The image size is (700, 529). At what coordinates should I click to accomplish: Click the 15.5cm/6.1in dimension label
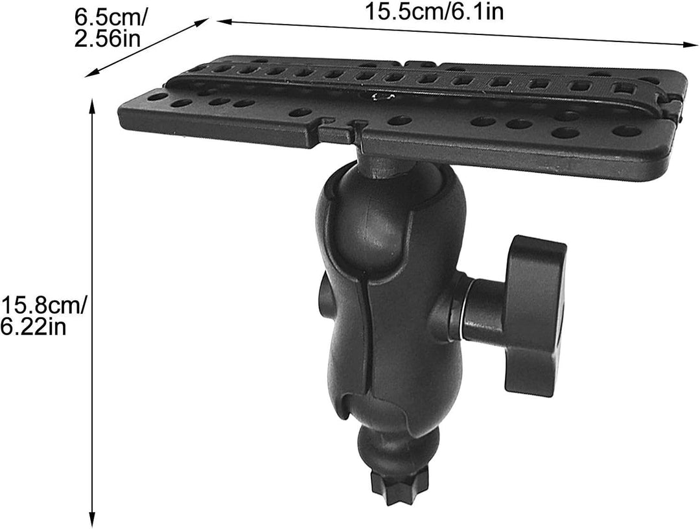point(434,11)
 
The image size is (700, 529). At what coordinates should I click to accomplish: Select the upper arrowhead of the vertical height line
point(93,106)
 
